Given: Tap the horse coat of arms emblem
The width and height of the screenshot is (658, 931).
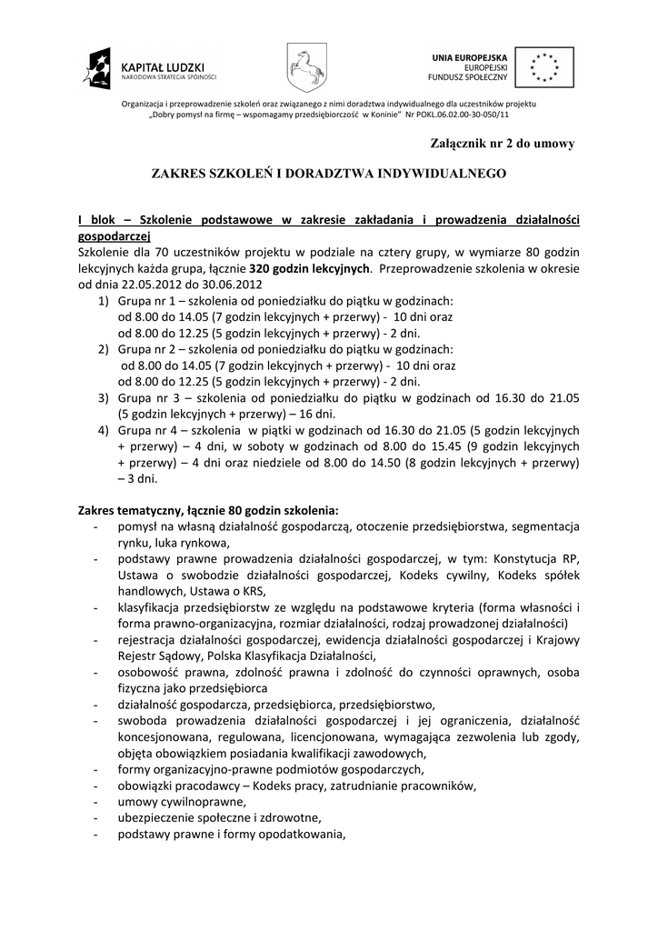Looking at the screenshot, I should coord(303,65).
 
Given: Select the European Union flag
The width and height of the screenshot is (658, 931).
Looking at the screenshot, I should coord(545,65).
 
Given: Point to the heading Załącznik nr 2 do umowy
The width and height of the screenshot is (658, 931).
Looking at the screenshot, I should coord(503,143).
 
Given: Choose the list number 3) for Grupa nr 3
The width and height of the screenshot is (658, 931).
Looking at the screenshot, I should coord(103,398).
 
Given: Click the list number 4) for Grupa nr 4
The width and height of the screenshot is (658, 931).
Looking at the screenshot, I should coord(103,428).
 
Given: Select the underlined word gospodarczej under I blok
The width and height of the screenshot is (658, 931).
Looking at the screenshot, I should coord(114,234).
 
